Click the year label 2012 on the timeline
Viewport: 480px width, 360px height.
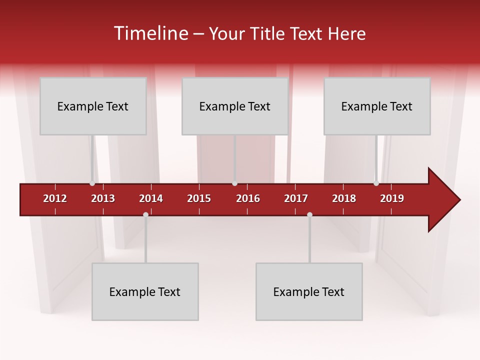click(x=55, y=198)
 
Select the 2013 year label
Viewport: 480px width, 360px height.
click(x=103, y=198)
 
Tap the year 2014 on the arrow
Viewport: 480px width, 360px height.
click(x=151, y=198)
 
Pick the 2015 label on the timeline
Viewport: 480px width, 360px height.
click(x=199, y=198)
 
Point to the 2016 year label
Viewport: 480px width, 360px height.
click(x=248, y=198)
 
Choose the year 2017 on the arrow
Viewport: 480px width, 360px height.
click(x=296, y=198)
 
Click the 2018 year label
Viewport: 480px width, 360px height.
click(x=344, y=198)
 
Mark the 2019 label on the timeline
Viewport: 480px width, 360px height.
click(x=392, y=198)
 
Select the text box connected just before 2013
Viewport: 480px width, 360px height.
click(x=93, y=106)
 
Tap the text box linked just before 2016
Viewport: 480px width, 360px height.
click(x=235, y=106)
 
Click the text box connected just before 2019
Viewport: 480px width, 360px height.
click(x=377, y=106)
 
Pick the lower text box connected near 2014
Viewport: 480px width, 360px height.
click(x=145, y=292)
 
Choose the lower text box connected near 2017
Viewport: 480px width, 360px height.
click(x=309, y=292)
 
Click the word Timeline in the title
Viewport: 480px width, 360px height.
click(x=150, y=33)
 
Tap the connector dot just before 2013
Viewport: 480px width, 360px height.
click(x=92, y=183)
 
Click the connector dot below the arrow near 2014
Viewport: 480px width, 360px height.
click(x=145, y=214)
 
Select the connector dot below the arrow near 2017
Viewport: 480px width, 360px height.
click(x=309, y=214)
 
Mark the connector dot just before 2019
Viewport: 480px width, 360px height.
click(x=376, y=183)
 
